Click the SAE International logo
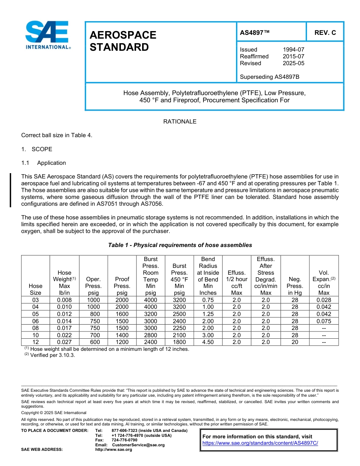point(47,35)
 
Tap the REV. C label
point(325,33)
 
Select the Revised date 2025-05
point(293,63)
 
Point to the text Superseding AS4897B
point(269,77)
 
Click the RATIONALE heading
point(180,122)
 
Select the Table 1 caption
point(180,245)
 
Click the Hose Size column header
point(36,289)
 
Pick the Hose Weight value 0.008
point(64,300)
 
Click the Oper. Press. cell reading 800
point(93,314)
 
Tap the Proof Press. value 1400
point(122,335)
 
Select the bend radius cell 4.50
point(208,342)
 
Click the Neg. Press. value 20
point(295,342)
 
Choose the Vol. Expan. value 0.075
point(324,321)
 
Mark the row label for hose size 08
point(36,328)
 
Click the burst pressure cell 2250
point(179,328)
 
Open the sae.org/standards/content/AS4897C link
point(260,443)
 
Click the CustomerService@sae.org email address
point(138,445)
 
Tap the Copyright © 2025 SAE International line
point(54,413)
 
